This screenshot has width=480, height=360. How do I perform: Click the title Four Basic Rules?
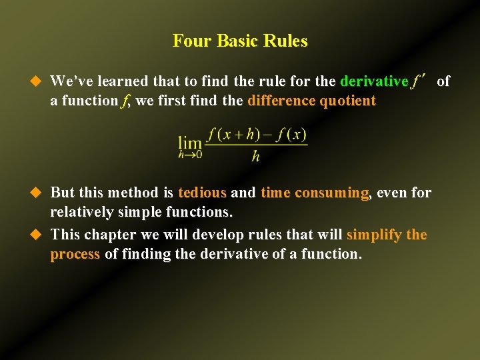pyautogui.click(x=240, y=41)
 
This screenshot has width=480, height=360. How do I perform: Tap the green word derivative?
pyautogui.click(x=373, y=81)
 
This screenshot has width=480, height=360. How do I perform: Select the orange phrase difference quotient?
pyautogui.click(x=311, y=101)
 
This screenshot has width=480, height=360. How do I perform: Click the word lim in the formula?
pyautogui.click(x=190, y=142)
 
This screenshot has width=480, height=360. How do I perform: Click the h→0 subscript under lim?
pyautogui.click(x=190, y=155)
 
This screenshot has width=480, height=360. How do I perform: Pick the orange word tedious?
pyautogui.click(x=203, y=193)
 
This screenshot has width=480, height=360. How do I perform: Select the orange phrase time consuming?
pyautogui.click(x=315, y=193)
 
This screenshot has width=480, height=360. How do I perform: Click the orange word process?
pyautogui.click(x=75, y=254)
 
